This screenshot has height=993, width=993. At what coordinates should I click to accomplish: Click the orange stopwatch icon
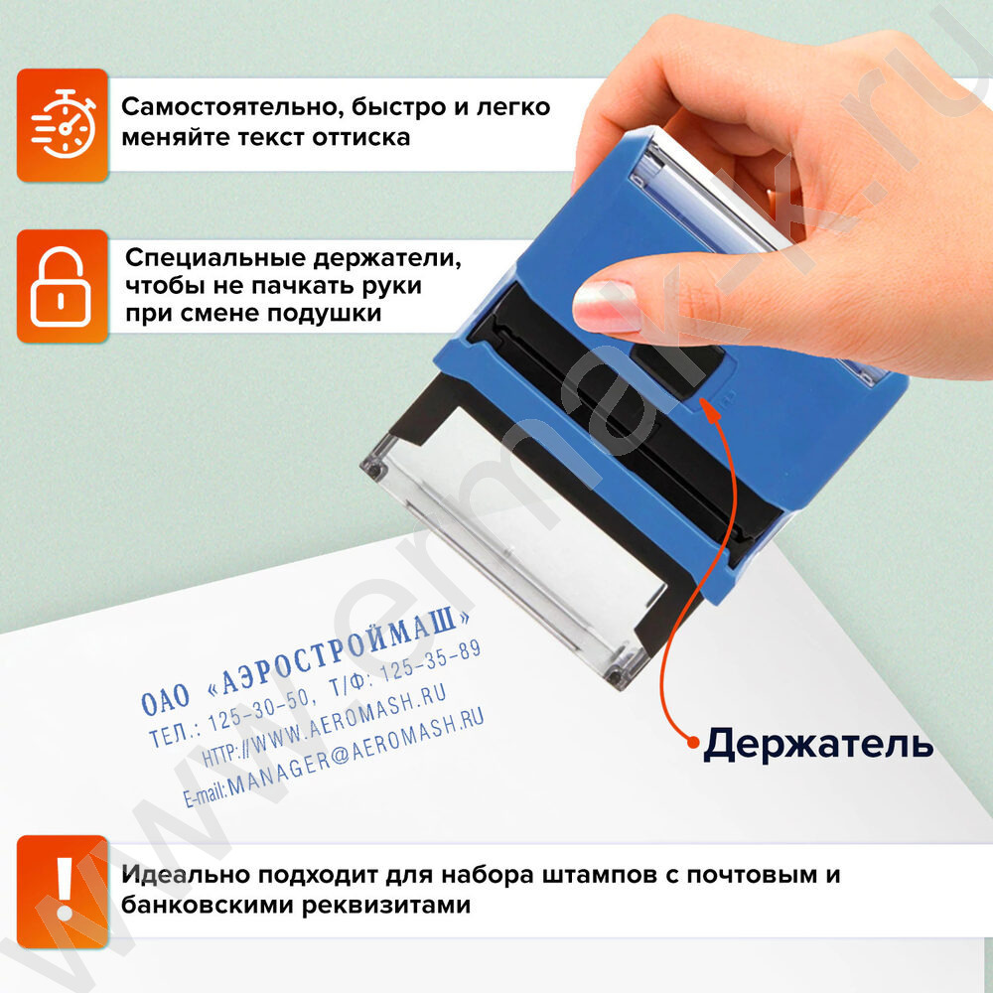pos(63,125)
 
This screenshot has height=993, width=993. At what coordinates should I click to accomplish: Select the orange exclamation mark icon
pos(63,891)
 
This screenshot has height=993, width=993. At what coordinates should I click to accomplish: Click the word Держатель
pos(818,744)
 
